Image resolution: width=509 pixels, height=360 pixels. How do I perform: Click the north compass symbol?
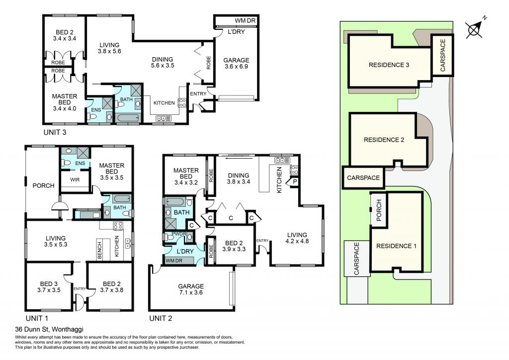474,28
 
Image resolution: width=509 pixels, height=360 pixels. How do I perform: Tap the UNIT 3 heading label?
55,132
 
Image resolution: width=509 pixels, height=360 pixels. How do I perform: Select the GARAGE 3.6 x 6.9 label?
236,63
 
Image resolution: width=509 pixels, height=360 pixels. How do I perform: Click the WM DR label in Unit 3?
245,20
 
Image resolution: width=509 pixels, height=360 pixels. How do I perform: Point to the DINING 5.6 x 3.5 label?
163,62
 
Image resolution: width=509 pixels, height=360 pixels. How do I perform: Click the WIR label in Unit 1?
75,180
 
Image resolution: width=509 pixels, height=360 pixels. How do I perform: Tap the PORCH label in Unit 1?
44,185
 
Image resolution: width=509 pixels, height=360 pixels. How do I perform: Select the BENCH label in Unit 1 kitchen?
99,250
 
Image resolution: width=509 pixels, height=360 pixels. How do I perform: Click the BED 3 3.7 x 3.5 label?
49,287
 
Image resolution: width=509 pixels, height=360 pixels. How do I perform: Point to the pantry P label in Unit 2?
295,181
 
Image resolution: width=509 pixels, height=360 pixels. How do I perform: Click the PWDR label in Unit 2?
179,234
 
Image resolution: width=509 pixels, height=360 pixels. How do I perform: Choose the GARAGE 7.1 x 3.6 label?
191,289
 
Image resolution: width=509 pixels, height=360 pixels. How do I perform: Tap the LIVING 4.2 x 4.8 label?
297,238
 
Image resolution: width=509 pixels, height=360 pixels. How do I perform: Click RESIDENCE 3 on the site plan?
389,65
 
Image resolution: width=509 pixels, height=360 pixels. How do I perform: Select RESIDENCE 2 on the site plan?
384,140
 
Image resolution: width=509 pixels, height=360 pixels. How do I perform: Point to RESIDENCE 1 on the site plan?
396,246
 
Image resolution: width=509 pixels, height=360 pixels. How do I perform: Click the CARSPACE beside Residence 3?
443,56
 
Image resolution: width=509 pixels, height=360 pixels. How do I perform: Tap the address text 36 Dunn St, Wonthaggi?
49,329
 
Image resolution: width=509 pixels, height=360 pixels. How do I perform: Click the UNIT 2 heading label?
161,318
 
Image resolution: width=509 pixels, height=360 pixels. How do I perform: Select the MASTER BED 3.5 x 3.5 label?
112,172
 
